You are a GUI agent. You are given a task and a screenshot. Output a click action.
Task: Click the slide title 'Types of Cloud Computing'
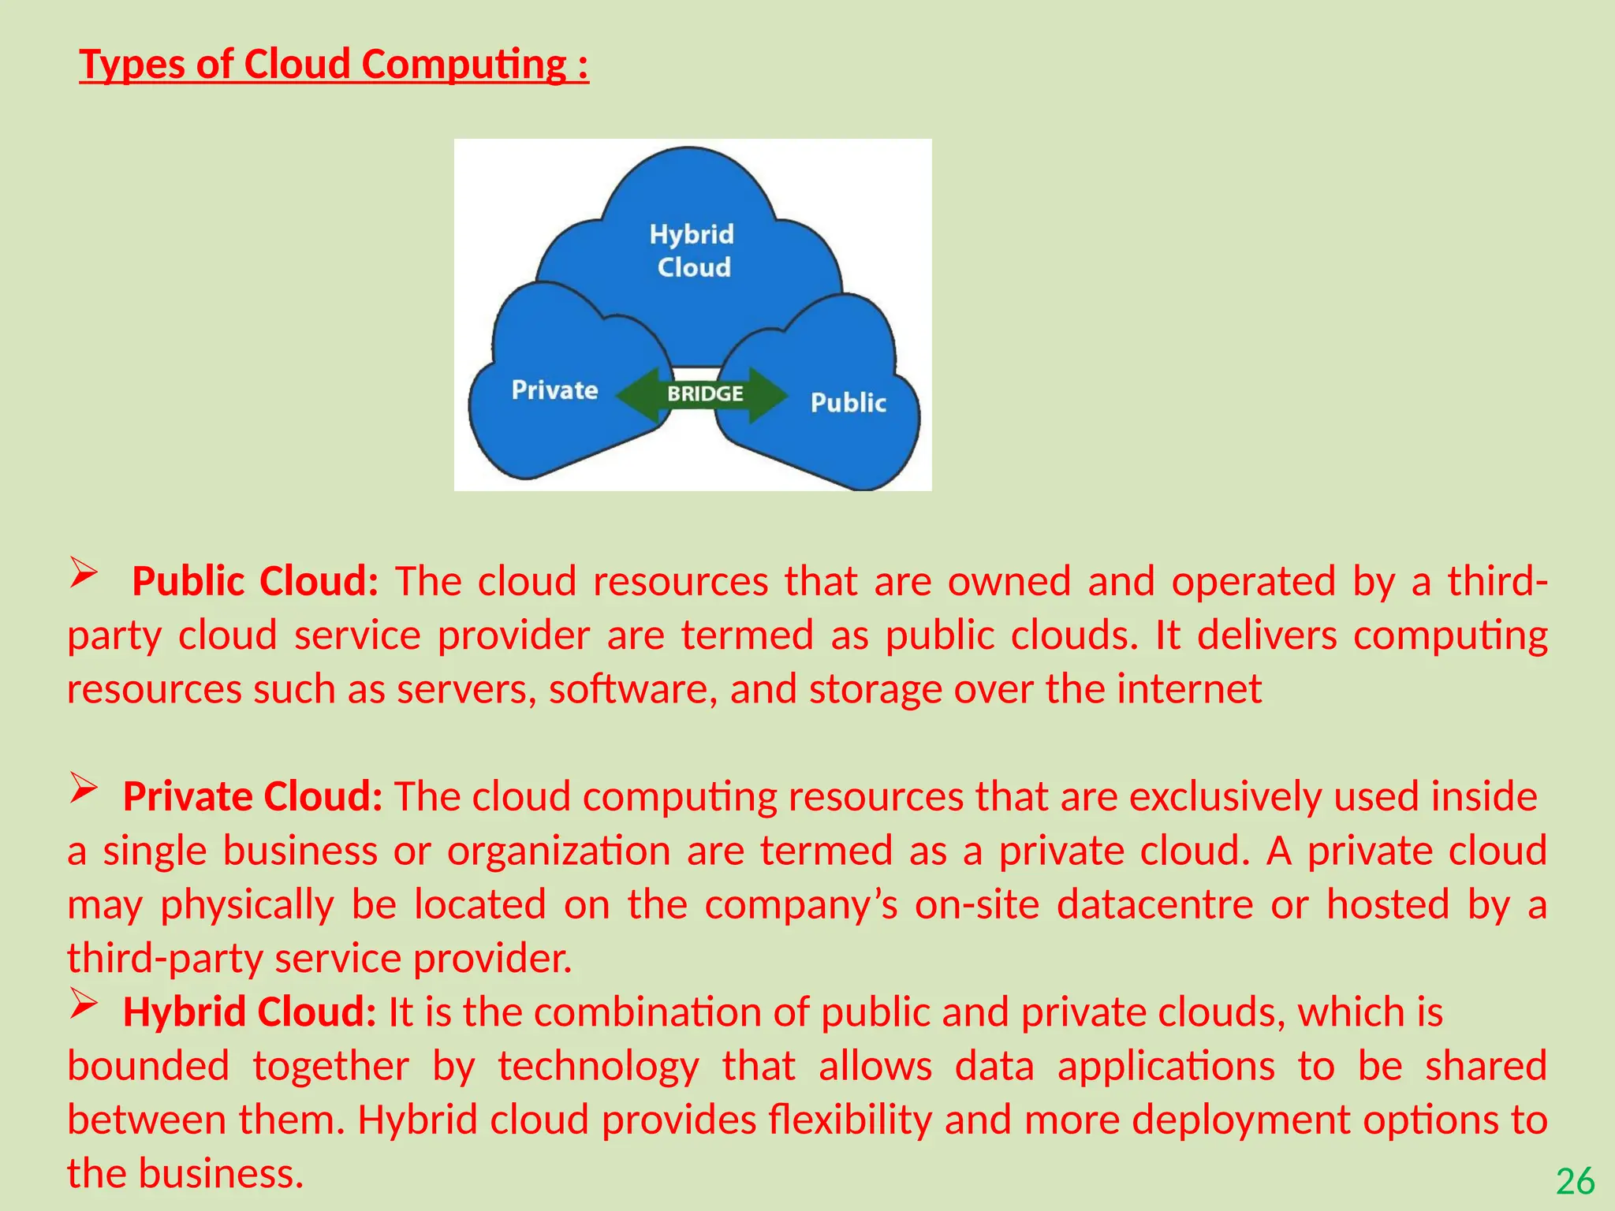point(334,65)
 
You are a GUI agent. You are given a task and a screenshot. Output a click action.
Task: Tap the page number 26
point(1575,1182)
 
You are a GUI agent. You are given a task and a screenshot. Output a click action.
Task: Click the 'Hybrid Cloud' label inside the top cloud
point(692,251)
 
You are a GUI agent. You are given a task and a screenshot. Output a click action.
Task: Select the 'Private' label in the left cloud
point(554,390)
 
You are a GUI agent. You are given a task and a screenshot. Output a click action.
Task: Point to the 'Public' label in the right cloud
point(848,403)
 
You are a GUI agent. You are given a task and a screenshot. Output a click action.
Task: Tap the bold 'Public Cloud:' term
point(255,582)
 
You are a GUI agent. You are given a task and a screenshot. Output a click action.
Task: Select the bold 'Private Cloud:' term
point(252,797)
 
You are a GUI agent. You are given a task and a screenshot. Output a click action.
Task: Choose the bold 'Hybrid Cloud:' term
point(249,1012)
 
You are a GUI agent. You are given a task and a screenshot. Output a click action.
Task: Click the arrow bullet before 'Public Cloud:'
point(83,572)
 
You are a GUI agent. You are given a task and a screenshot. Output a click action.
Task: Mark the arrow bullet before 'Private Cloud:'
point(83,788)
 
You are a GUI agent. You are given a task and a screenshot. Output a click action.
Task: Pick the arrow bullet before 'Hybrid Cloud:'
point(83,1003)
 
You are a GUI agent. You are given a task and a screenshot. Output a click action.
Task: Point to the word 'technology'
point(598,1067)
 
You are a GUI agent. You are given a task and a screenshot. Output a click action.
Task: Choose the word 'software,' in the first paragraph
point(633,689)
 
